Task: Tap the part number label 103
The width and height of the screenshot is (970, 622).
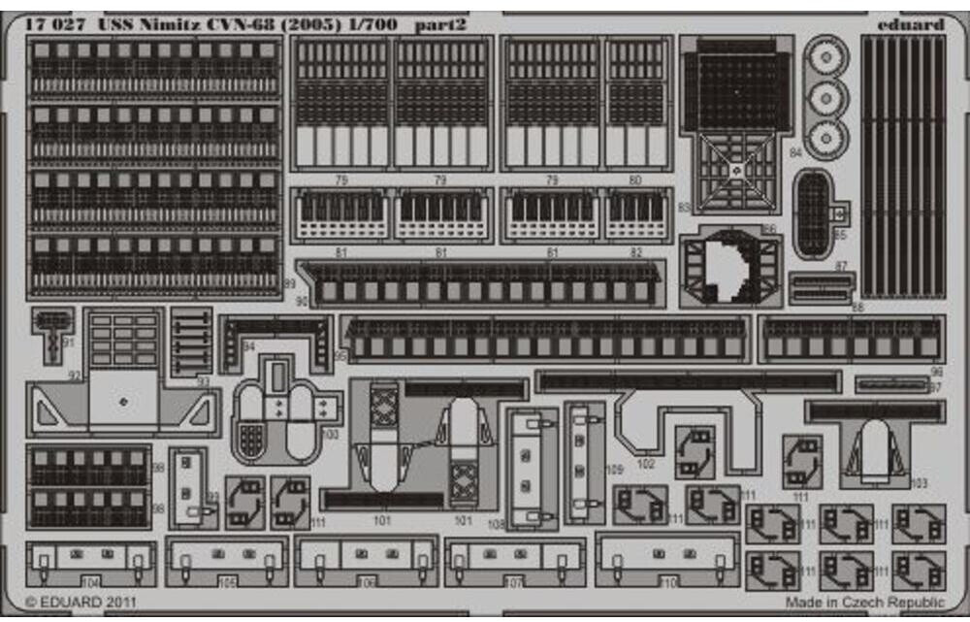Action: [920, 482]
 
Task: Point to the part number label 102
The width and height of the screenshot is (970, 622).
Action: [647, 463]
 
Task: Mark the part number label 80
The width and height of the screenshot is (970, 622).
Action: [635, 180]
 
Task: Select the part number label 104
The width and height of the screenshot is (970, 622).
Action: [91, 582]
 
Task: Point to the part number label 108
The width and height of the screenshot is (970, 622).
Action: [496, 525]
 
